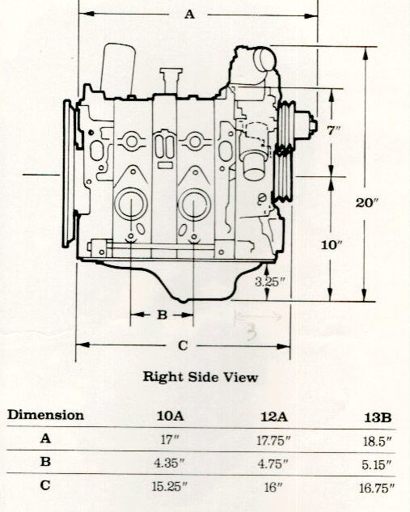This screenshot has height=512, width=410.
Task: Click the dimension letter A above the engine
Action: click(x=190, y=15)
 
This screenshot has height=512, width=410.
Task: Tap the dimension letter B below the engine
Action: click(x=163, y=315)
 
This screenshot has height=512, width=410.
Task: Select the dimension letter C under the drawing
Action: click(x=183, y=345)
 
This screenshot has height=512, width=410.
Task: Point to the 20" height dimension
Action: click(x=366, y=203)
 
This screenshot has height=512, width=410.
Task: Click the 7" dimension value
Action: click(x=334, y=130)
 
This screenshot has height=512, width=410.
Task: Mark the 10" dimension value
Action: click(x=332, y=245)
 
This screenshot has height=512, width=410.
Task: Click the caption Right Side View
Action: click(x=201, y=377)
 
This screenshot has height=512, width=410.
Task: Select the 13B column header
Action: click(x=378, y=417)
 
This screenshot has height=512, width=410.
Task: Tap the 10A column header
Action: click(x=171, y=416)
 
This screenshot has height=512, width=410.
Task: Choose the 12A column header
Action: click(x=274, y=417)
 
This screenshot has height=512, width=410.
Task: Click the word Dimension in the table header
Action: click(x=46, y=415)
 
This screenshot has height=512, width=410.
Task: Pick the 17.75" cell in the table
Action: click(x=273, y=441)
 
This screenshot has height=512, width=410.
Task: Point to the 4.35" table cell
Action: click(x=169, y=463)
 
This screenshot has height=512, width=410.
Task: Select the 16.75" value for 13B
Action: click(x=377, y=489)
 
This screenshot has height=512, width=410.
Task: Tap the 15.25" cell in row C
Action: click(x=170, y=487)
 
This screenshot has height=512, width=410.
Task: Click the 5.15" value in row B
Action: click(x=376, y=464)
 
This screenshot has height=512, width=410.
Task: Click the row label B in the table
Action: click(x=45, y=462)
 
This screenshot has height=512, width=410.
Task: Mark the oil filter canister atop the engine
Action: click(x=118, y=70)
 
